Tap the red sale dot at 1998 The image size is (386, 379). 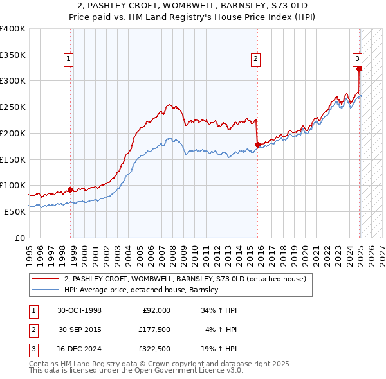[70, 189]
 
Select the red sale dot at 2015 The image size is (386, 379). [257, 145]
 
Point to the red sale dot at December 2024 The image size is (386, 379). [359, 69]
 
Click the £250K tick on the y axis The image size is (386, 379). [13, 107]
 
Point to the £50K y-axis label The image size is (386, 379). [15, 211]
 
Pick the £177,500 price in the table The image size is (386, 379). [154, 330]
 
